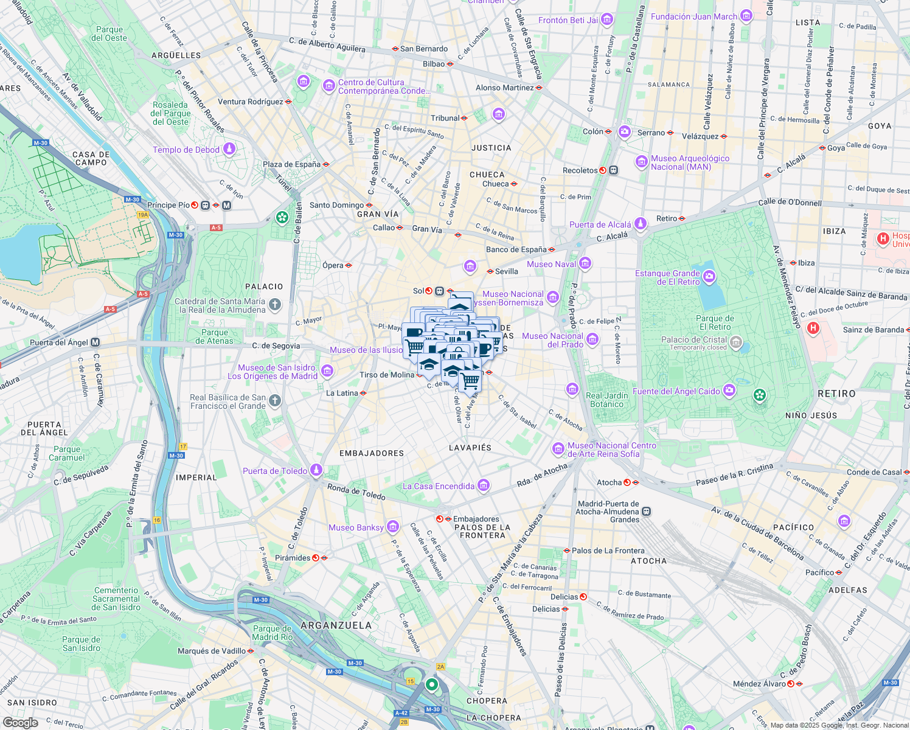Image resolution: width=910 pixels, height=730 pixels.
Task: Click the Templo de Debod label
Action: (186, 150)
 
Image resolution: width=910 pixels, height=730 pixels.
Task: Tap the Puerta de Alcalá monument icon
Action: (640, 224)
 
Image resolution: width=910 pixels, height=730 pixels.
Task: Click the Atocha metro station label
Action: (609, 482)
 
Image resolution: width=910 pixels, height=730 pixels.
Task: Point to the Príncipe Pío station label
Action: (168, 205)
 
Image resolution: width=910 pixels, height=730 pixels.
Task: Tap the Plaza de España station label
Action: (291, 164)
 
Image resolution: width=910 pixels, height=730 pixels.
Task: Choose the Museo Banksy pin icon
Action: (393, 527)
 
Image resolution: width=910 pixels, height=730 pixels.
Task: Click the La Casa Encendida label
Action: (439, 486)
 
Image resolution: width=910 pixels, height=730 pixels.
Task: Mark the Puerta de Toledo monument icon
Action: (316, 470)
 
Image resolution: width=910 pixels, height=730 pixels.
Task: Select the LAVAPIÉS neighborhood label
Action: (470, 448)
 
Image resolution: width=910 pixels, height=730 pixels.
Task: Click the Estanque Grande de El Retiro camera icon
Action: (709, 277)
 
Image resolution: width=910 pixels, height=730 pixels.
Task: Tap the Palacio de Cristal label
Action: (694, 340)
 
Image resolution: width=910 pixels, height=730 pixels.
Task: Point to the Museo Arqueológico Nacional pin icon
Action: (641, 162)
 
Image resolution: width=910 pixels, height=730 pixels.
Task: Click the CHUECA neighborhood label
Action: (487, 175)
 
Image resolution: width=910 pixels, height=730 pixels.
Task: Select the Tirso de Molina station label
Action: (387, 375)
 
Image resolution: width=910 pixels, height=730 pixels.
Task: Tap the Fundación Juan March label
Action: (693, 16)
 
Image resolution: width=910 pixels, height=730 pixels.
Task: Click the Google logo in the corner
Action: (20, 723)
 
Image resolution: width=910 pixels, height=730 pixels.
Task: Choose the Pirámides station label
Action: (293, 558)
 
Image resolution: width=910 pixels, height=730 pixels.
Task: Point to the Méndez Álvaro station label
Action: (759, 684)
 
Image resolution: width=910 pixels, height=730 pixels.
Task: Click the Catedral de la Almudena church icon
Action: (275, 305)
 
